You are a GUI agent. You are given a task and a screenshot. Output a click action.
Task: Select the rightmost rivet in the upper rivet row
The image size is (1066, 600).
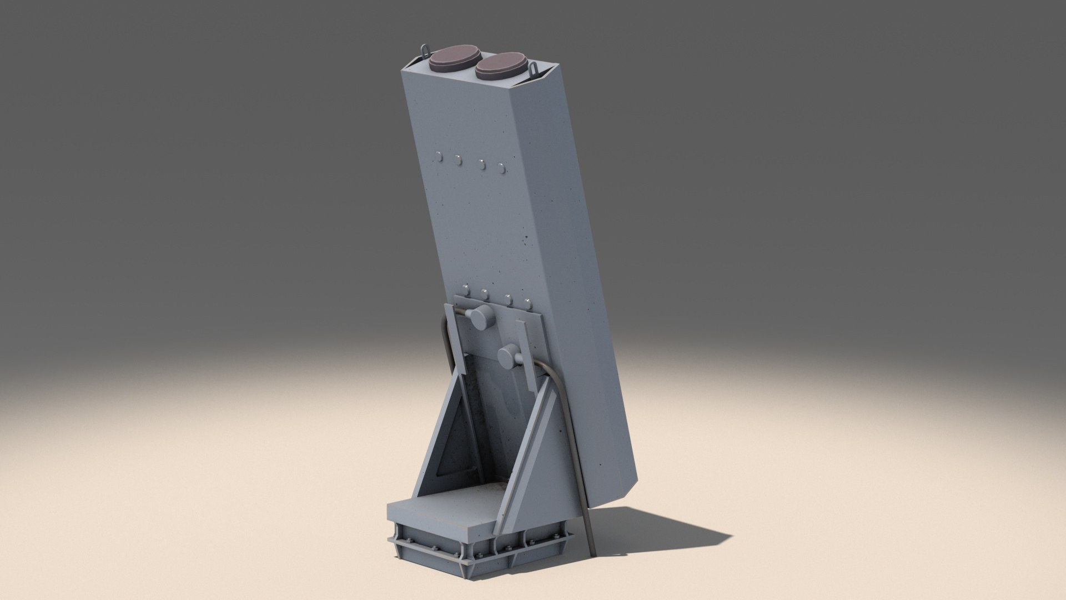tap(502, 167)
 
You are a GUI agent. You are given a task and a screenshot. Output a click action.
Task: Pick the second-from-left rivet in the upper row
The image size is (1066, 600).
tap(459, 161)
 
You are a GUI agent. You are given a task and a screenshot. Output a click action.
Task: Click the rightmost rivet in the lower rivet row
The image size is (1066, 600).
tap(528, 303)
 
